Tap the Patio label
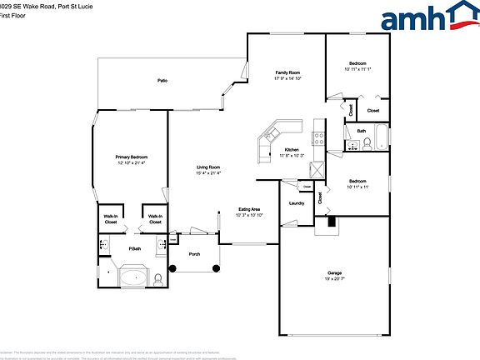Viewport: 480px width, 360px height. [x=162, y=81]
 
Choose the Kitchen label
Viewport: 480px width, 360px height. [x=292, y=150]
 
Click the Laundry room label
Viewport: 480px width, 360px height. [x=296, y=203]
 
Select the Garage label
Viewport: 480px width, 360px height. [x=334, y=273]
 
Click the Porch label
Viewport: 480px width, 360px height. [x=194, y=253]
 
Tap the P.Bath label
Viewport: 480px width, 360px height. [x=132, y=249]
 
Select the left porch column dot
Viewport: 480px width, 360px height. [x=173, y=267]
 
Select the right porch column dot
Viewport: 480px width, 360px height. [x=216, y=267]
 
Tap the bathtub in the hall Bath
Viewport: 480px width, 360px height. [x=379, y=137]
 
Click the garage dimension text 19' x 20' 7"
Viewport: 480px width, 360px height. [x=334, y=279]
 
